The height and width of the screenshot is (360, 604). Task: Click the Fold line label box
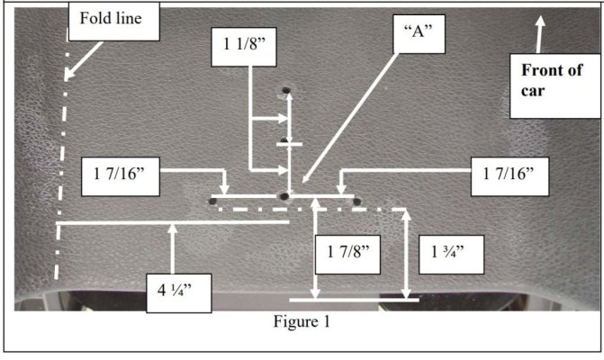pyautogui.click(x=113, y=22)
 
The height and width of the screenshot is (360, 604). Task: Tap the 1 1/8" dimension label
pyautogui.click(x=244, y=47)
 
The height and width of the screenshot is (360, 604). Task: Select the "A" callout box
pyautogui.click(x=419, y=34)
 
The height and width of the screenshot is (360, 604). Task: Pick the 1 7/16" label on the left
pyautogui.click(x=121, y=176)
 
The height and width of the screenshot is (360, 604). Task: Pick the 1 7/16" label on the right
pyautogui.click(x=510, y=176)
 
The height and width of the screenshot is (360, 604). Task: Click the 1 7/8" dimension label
pyautogui.click(x=347, y=255)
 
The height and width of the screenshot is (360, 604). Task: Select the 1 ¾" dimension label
pyautogui.click(x=451, y=255)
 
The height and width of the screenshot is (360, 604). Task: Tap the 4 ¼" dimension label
pyautogui.click(x=179, y=293)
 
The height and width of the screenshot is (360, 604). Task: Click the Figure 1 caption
pyautogui.click(x=302, y=321)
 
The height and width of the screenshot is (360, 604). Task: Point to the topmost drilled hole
pyautogui.click(x=286, y=91)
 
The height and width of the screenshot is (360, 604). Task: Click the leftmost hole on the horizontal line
pyautogui.click(x=212, y=201)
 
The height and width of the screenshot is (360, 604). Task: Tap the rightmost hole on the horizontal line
pyautogui.click(x=357, y=202)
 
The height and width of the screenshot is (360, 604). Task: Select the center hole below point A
pyautogui.click(x=284, y=197)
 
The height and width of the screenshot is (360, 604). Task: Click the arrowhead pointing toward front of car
pyautogui.click(x=540, y=22)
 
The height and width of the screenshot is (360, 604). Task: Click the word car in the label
pyautogui.click(x=533, y=91)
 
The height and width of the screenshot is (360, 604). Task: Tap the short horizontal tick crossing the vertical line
pyautogui.click(x=289, y=144)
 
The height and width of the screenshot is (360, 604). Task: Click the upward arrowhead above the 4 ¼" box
pyautogui.click(x=173, y=229)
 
